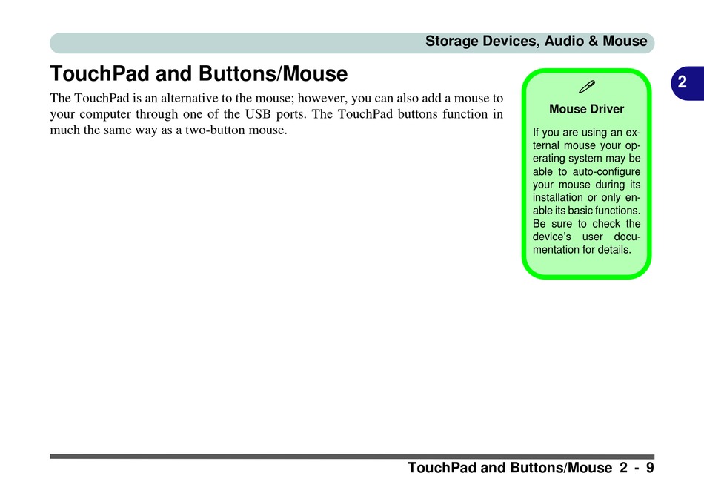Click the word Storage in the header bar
coord(452,42)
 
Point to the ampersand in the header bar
coord(593,41)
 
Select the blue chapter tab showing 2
coord(687,83)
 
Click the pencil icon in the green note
coord(587,87)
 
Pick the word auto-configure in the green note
coord(606,171)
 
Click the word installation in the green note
coord(557,198)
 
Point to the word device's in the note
coord(552,237)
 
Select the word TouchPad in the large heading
coord(99,73)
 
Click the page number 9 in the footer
coord(650,468)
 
